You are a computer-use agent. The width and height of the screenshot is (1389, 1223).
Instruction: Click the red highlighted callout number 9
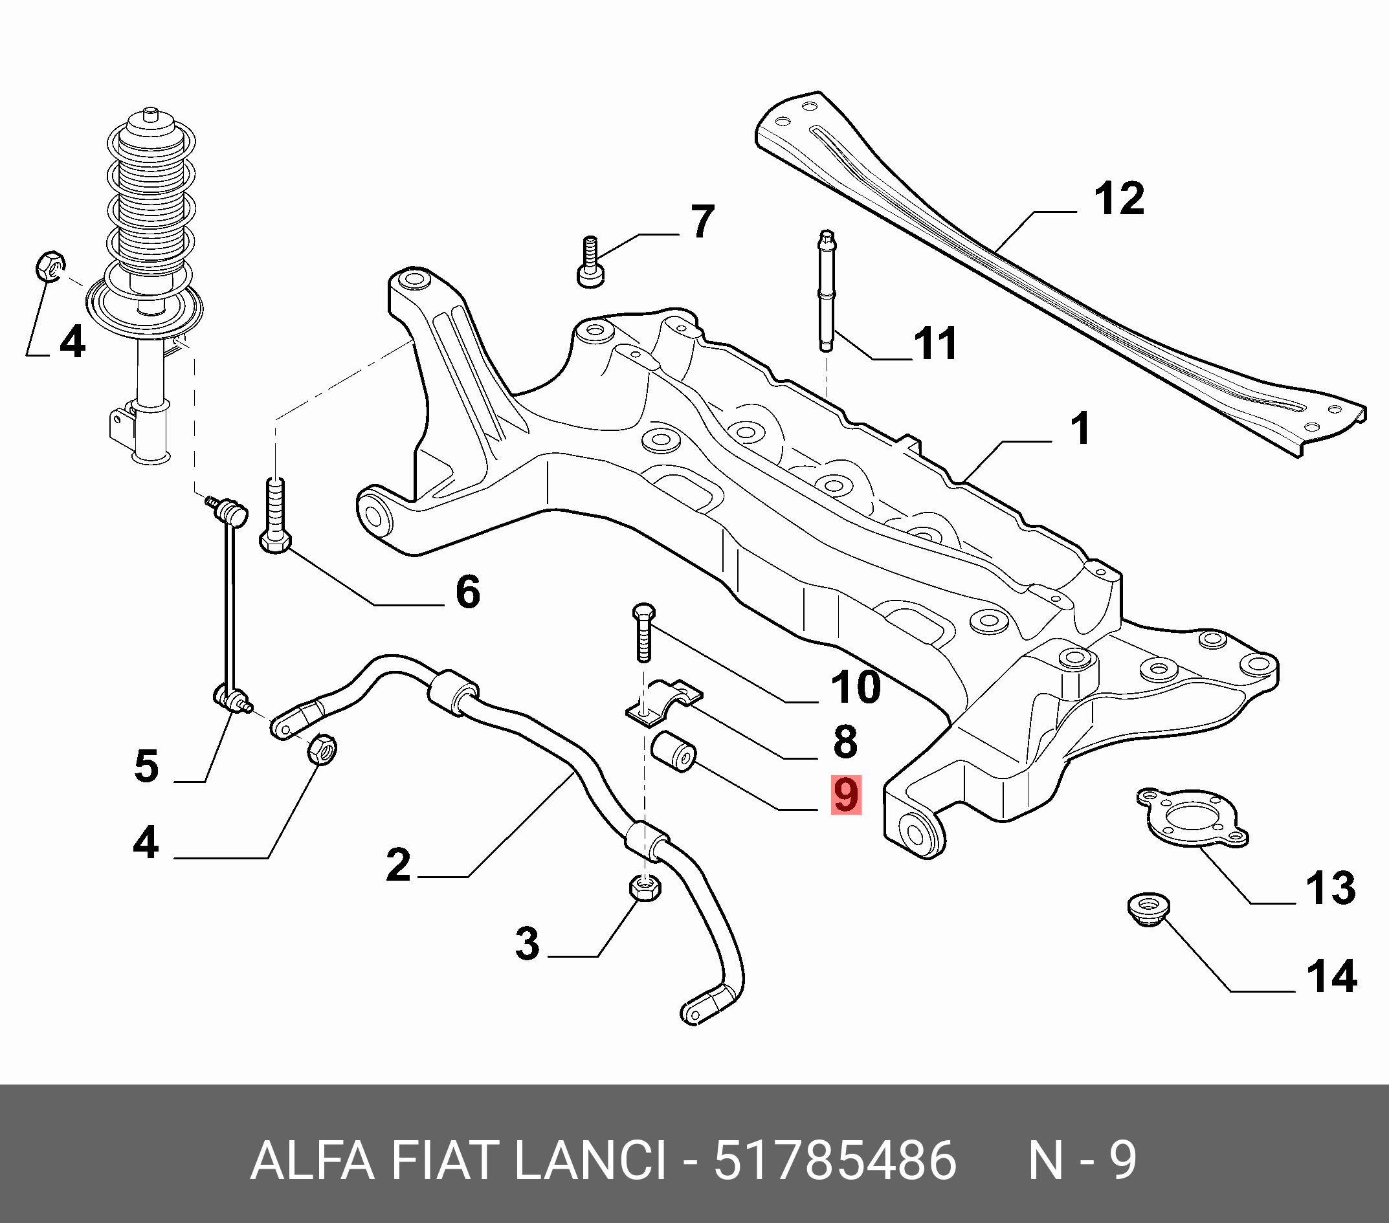pyautogui.click(x=845, y=795)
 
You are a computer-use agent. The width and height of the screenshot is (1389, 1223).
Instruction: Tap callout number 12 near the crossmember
pyautogui.click(x=1118, y=199)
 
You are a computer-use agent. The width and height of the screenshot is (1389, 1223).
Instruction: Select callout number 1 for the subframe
pyautogui.click(x=1080, y=430)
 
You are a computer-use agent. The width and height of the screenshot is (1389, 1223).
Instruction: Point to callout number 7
pyautogui.click(x=703, y=221)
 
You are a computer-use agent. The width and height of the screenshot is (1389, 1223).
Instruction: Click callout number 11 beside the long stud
pyautogui.click(x=936, y=344)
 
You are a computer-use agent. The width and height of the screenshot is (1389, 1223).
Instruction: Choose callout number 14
pyautogui.click(x=1331, y=977)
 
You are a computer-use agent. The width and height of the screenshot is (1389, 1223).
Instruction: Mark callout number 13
pyautogui.click(x=1331, y=888)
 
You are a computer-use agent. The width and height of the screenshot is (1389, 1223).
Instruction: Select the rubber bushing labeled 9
pyautogui.click(x=673, y=751)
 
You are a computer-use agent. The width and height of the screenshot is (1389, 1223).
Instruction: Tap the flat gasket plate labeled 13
pyautogui.click(x=1193, y=818)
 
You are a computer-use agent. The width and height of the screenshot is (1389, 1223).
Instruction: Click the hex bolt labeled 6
pyautogui.click(x=276, y=516)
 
